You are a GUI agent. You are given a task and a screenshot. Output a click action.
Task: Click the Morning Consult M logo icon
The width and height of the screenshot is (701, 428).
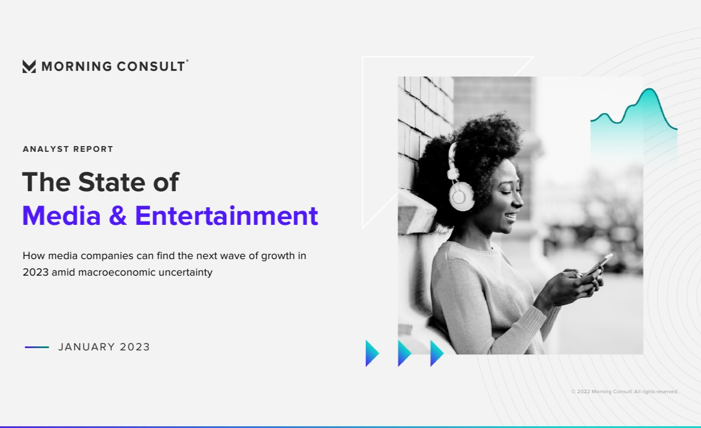[29, 66]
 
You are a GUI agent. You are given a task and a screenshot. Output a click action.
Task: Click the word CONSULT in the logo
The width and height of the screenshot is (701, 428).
[151, 66]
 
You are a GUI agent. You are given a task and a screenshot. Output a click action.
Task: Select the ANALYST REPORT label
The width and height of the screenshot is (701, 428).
[68, 149]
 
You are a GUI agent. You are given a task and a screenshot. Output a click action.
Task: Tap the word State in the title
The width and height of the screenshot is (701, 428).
[111, 182]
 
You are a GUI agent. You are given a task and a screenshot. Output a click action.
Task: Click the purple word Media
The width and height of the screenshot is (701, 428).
[62, 216]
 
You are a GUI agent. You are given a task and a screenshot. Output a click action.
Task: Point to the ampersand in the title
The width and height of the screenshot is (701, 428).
[118, 216]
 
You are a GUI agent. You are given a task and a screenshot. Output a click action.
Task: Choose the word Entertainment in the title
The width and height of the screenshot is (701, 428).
[227, 216]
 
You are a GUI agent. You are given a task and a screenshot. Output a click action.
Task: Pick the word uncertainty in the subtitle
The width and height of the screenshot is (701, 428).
[186, 273]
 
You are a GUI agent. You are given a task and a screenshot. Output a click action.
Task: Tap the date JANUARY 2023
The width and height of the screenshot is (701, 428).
[104, 347]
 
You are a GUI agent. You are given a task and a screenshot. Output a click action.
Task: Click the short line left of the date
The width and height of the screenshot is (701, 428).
[37, 347]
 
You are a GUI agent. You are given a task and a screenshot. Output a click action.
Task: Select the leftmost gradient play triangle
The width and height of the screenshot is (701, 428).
[372, 353]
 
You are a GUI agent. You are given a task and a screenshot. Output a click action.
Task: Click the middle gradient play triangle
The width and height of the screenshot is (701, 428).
[405, 353]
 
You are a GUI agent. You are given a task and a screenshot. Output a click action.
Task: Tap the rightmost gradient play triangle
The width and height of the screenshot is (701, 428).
[437, 353]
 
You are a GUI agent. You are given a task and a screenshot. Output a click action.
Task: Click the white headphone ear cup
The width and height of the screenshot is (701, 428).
[461, 196]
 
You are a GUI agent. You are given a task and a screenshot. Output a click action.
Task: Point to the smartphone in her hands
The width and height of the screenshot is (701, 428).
[598, 265]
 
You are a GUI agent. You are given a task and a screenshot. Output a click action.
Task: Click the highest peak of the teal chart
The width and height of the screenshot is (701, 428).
[650, 89]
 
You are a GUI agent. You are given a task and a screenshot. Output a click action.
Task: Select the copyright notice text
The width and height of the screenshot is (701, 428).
[625, 391]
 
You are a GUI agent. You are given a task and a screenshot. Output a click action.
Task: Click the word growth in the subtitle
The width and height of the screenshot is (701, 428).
[278, 256]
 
